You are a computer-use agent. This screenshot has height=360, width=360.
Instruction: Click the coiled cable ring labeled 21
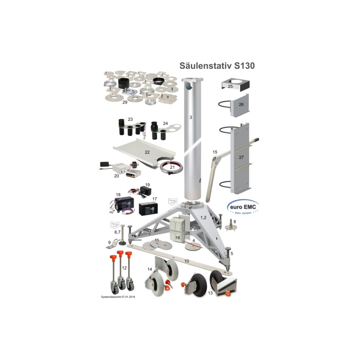pyautogui.click(x=171, y=167)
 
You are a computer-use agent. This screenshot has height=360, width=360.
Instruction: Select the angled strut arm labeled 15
pyautogui.click(x=211, y=173)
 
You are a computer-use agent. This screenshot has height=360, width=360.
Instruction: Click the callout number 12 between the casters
pyautogui.click(x=123, y=268)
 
